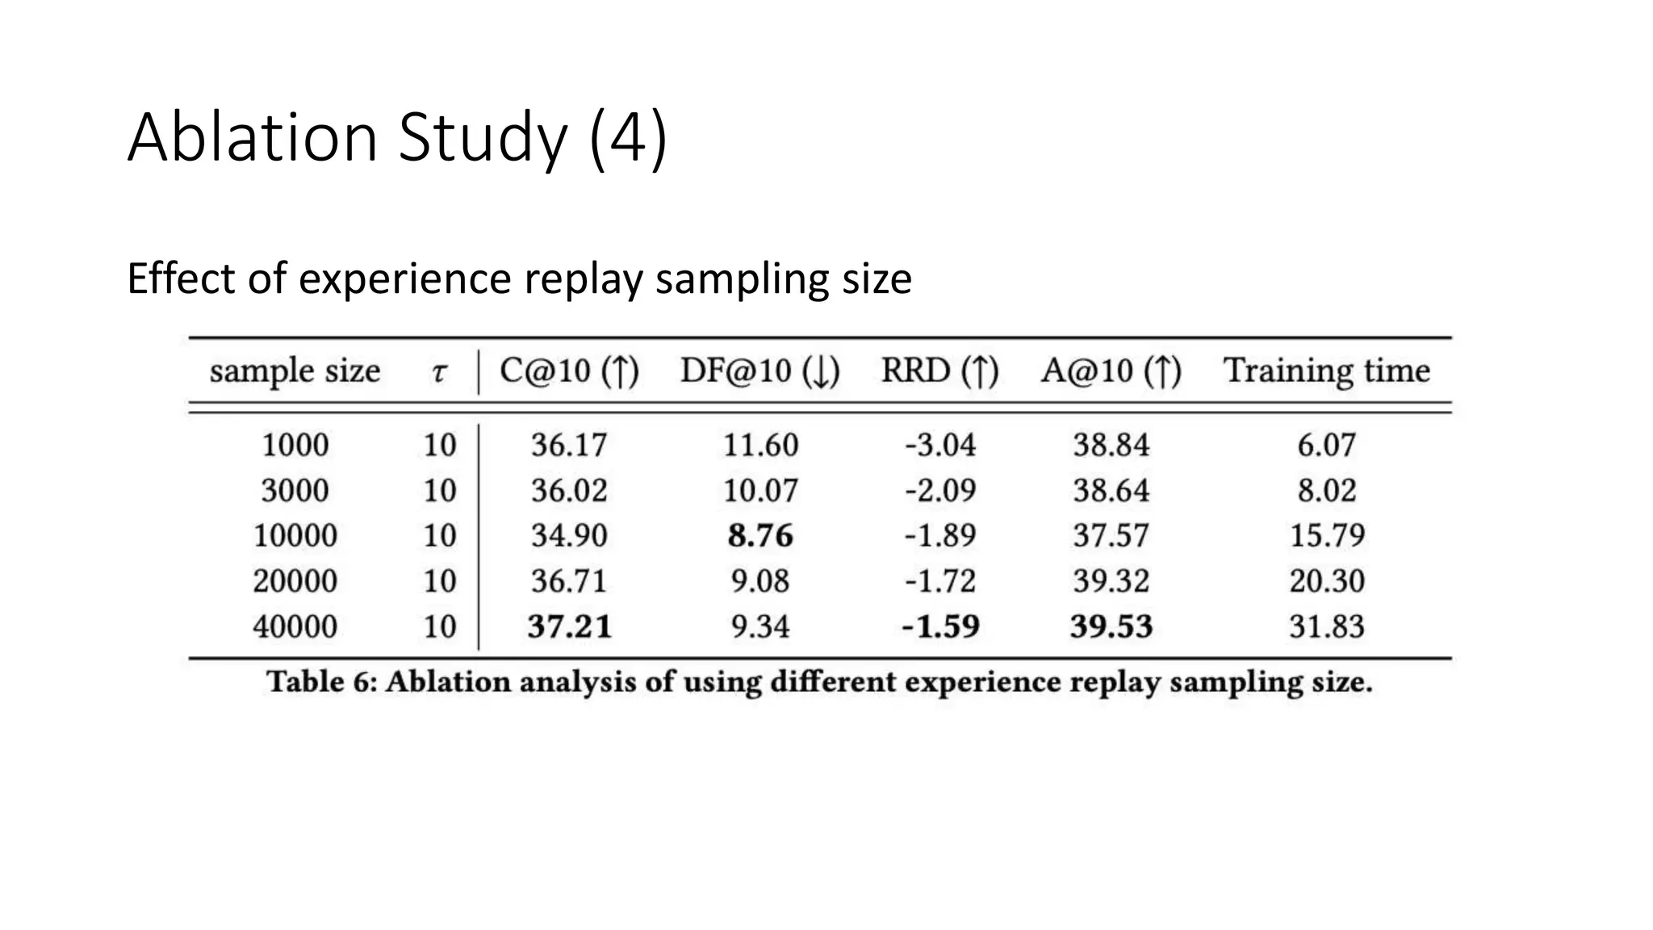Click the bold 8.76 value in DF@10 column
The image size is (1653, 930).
coord(760,536)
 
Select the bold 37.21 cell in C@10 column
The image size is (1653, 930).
coord(570,626)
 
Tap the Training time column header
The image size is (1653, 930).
coord(1326,371)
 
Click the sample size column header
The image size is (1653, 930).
coord(295,371)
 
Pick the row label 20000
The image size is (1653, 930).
coord(295,581)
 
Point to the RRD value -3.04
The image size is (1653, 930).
coord(939,446)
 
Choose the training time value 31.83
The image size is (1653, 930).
coord(1326,626)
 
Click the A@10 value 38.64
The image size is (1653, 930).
coord(1111,491)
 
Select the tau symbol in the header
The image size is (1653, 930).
coord(439,373)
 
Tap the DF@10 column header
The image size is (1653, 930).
coord(760,371)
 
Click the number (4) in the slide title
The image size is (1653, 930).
coord(628,137)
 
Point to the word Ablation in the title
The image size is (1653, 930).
coord(253,137)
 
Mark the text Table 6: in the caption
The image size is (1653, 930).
coord(321,682)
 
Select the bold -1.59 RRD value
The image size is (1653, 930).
coord(940,626)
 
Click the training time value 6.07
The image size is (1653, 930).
coord(1326,446)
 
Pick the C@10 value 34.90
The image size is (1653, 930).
coord(569,536)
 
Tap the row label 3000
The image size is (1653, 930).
coord(295,491)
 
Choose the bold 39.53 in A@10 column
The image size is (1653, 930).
coord(1111,626)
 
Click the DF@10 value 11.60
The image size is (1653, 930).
coord(760,446)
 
